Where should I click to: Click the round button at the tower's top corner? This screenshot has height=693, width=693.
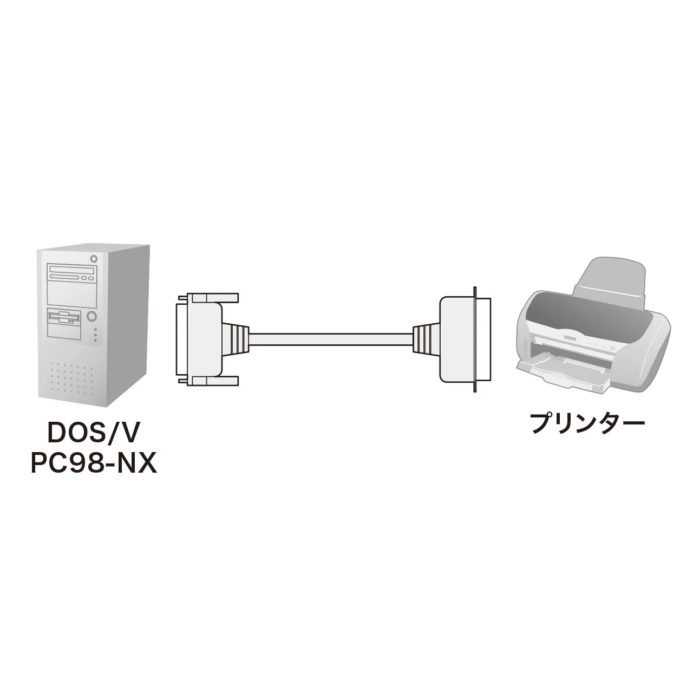pyautogui.click(x=94, y=259)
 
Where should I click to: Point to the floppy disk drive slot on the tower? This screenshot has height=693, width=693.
pyautogui.click(x=64, y=318)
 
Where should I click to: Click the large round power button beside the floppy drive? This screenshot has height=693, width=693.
pyautogui.click(x=91, y=316)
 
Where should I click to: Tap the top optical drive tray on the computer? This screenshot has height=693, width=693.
pyautogui.click(x=72, y=270)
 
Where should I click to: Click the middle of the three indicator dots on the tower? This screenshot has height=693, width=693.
pyautogui.click(x=95, y=335)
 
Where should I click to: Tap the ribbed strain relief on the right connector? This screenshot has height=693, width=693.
pyautogui.click(x=427, y=339)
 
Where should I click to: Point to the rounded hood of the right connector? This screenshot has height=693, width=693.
pyautogui.click(x=457, y=339)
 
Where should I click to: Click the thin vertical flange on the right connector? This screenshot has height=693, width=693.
pyautogui.click(x=475, y=339)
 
